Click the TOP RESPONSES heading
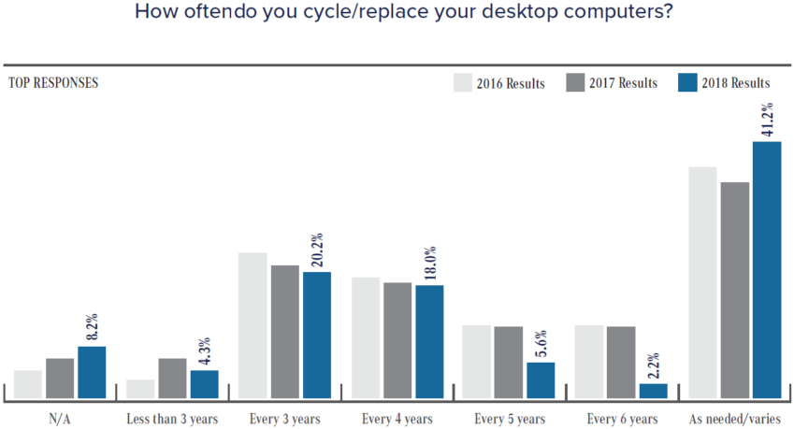(53, 82)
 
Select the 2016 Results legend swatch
(462, 82)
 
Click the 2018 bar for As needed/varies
(766, 270)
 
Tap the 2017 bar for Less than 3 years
(172, 378)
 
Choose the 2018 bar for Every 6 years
(653, 391)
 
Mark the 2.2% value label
(653, 364)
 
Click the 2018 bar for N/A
(92, 372)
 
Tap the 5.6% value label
(541, 343)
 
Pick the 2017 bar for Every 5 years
(509, 362)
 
